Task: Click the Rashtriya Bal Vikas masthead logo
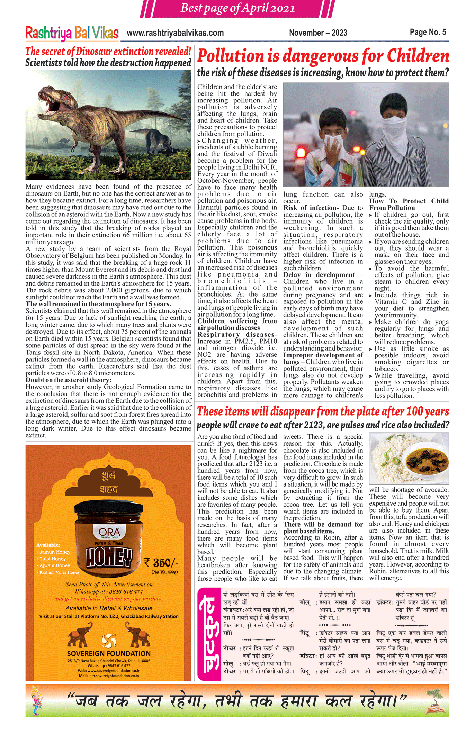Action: coord(72,33)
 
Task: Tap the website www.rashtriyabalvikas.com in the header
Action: coord(175,33)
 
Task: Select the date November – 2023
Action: coord(318,33)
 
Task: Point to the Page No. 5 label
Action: coord(428,32)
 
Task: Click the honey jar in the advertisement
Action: coord(109,540)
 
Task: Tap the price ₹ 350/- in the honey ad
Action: coord(161,562)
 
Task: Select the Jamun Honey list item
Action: coord(55,552)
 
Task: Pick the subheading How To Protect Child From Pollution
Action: coord(409,205)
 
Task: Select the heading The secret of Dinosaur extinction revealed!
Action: coord(108,52)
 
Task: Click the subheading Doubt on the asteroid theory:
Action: coord(69,380)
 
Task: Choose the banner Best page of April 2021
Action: coord(238,8)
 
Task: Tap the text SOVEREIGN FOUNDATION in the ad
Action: coord(109,654)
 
